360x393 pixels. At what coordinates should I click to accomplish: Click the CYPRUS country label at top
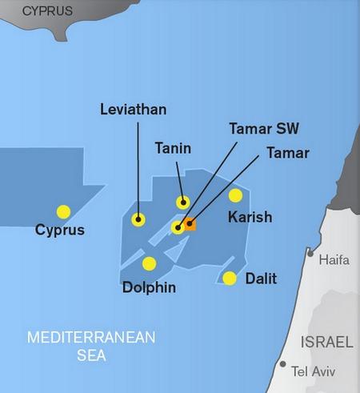47,11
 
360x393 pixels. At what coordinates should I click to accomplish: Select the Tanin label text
171,147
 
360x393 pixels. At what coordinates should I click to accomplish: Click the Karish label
250,217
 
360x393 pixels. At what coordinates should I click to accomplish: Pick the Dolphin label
149,287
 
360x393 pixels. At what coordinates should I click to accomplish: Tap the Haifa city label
334,260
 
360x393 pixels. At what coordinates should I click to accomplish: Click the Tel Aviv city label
314,371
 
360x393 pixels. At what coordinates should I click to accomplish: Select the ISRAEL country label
326,342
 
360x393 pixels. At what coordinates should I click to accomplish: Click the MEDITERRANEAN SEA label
90,345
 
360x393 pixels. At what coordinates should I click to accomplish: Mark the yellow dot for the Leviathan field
138,219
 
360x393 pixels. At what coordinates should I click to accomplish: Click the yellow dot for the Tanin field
183,203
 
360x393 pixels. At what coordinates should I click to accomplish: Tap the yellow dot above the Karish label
235,195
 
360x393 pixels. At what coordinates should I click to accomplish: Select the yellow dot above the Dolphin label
149,263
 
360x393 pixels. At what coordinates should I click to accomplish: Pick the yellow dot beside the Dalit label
230,278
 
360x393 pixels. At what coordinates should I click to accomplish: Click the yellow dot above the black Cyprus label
63,212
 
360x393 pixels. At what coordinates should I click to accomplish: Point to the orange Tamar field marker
190,225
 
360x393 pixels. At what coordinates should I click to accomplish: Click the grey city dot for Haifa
310,253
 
